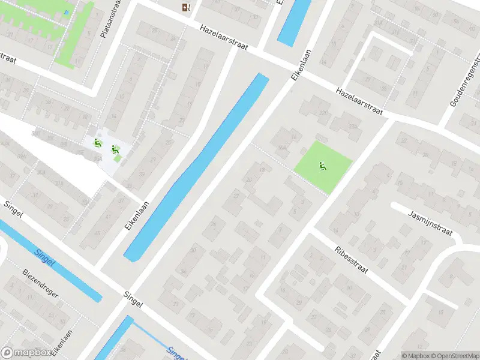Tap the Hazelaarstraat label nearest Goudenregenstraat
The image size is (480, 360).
pyautogui.click(x=359, y=100)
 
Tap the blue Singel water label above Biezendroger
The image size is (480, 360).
pyautogui.click(x=46, y=259)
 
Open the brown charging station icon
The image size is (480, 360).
pyautogui.click(x=186, y=7)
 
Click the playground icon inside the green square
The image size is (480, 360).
pyautogui.click(x=323, y=166)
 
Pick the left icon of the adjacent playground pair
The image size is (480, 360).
pyautogui.click(x=97, y=142)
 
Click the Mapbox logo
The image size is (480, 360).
pyautogui.click(x=25, y=353)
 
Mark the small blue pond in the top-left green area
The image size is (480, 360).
pyautogui.click(x=65, y=11)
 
